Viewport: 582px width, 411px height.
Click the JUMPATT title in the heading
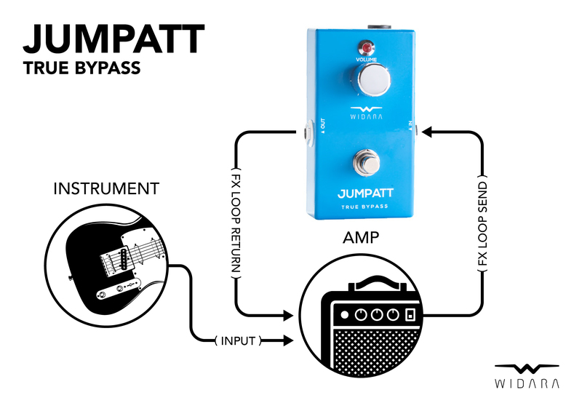tap(113, 39)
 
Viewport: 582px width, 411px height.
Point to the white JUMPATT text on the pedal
tap(367, 194)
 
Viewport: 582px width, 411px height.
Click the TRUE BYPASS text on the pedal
tap(367, 208)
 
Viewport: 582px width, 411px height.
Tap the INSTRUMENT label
tap(106, 189)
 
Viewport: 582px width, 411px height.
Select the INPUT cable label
tap(239, 340)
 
